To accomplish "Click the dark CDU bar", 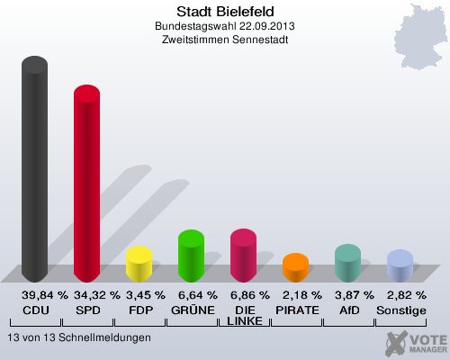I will pyautogui.click(x=35, y=171).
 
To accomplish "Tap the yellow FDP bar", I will pyautogui.click(x=139, y=265).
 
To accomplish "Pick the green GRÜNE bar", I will pyautogui.click(x=191, y=256).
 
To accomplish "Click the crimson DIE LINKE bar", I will pyautogui.click(x=243, y=256).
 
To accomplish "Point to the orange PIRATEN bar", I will pyautogui.click(x=295, y=268).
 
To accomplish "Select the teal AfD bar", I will pyautogui.click(x=347, y=264).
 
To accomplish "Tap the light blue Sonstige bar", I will pyautogui.click(x=400, y=266).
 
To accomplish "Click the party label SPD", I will pyautogui.click(x=87, y=310).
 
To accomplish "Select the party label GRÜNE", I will pyautogui.click(x=192, y=310).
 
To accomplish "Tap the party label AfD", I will pyautogui.click(x=347, y=310).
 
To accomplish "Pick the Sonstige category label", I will pyautogui.click(x=400, y=310).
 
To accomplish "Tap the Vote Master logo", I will pyautogui.click(x=416, y=343).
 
